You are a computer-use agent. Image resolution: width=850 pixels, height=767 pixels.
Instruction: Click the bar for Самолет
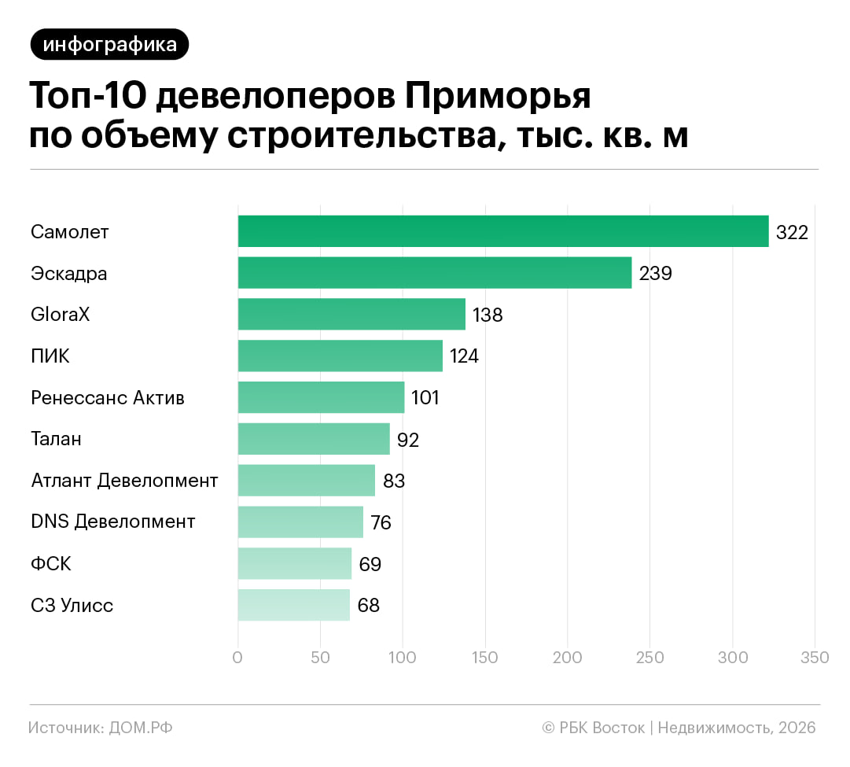503,231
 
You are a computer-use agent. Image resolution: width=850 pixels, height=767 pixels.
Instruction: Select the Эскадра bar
435,273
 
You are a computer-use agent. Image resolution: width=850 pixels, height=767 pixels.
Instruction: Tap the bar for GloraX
351,314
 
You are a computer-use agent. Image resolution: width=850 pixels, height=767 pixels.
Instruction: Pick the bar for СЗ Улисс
294,605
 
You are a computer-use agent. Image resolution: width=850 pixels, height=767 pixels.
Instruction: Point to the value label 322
792,232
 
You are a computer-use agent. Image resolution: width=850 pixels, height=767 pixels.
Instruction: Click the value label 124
464,356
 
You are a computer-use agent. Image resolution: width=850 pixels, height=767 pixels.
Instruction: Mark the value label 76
381,522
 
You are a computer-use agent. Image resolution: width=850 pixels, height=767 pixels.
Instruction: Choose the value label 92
408,440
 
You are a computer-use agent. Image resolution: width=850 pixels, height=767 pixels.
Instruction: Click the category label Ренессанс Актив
108,397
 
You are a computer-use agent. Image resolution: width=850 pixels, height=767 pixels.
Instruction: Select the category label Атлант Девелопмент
124,480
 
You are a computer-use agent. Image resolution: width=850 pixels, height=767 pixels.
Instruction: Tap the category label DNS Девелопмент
113,522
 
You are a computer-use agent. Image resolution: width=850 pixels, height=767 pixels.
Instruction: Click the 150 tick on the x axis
485,658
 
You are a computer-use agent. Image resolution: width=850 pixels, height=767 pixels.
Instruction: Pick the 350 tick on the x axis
814,658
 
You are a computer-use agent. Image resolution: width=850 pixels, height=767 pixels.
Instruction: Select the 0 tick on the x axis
238,658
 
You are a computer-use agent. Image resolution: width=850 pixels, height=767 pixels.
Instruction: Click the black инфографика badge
109,45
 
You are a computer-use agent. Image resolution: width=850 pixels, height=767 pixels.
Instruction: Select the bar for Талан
314,439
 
